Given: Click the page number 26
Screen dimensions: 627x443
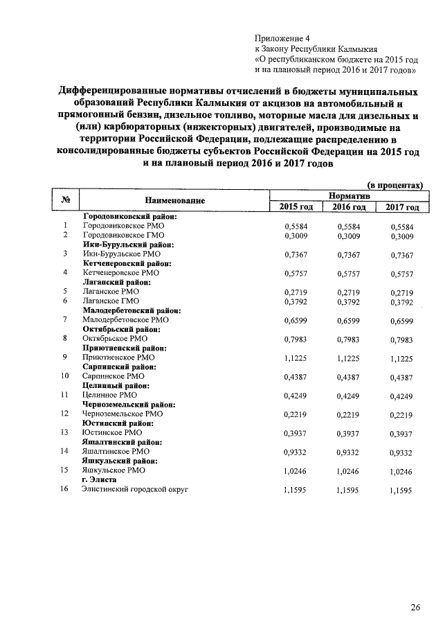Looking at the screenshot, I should click(x=415, y=608).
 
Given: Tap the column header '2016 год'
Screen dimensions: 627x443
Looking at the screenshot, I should click(x=348, y=207).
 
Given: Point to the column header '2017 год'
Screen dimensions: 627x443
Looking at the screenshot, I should click(x=401, y=207).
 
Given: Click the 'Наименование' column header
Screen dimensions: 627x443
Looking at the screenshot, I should click(x=175, y=201).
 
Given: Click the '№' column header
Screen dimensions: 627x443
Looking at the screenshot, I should click(x=67, y=201).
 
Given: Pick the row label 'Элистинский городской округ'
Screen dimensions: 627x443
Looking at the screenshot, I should click(x=135, y=489).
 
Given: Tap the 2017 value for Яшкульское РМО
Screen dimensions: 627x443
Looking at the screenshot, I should click(x=401, y=470).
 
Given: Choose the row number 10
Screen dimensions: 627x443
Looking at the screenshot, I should click(x=65, y=376).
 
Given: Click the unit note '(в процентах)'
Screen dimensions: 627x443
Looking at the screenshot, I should click(x=395, y=186).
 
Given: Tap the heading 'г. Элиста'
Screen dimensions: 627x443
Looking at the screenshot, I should click(x=99, y=479).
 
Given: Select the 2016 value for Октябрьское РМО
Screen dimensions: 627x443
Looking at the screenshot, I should click(x=348, y=339).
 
